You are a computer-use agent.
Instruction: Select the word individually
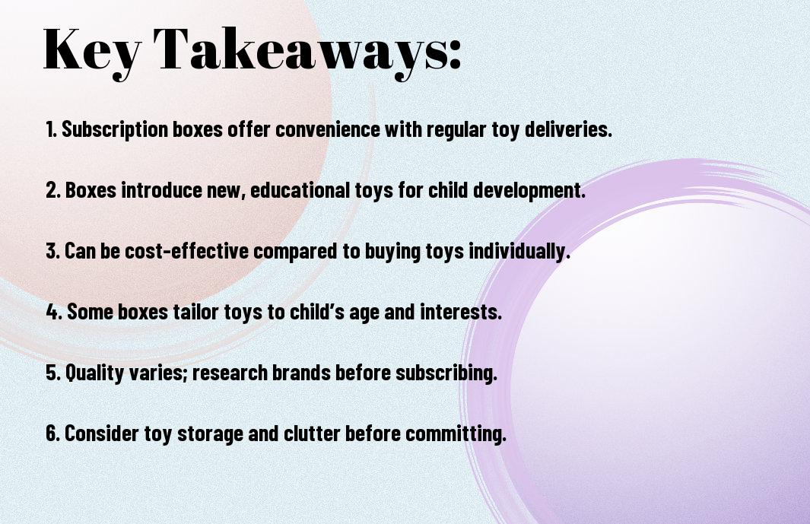coord(519,252)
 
